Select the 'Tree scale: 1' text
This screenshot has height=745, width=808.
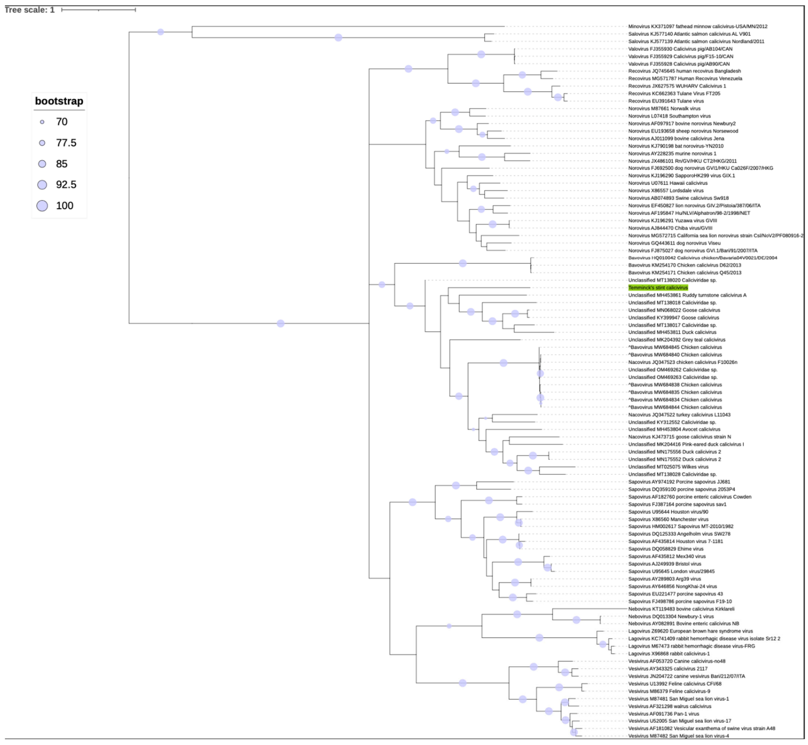point(30,10)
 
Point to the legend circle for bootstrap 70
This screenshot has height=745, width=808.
point(42,122)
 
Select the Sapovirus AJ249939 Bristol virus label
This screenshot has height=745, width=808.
point(664,564)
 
